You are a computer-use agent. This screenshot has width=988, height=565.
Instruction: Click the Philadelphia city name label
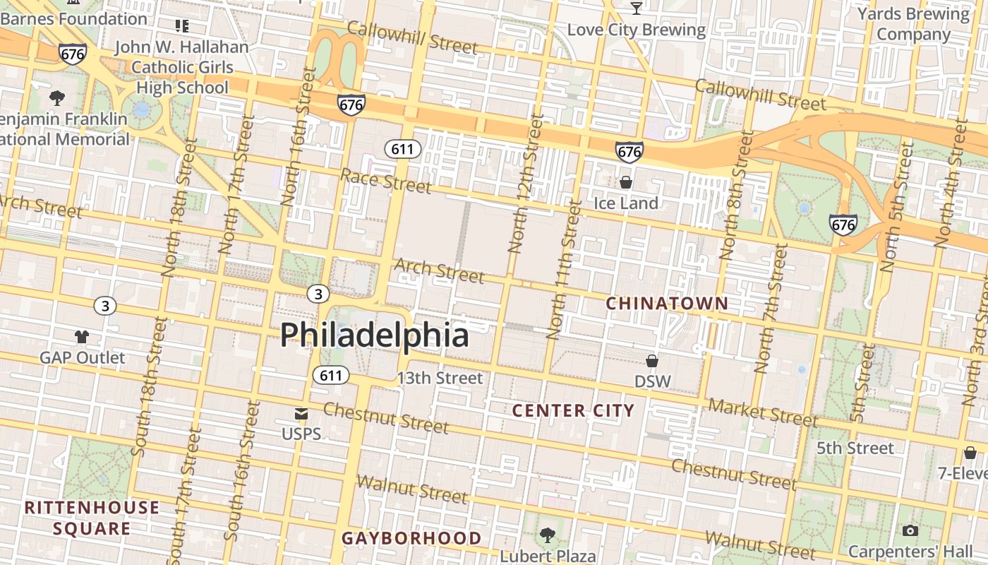[x=374, y=335]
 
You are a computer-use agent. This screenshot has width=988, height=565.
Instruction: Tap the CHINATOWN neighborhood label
[x=667, y=304]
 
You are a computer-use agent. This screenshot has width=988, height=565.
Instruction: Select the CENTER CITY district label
[x=573, y=410]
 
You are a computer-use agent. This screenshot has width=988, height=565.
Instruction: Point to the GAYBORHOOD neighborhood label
[x=411, y=538]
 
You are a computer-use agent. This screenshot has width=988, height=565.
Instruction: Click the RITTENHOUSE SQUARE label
[x=92, y=518]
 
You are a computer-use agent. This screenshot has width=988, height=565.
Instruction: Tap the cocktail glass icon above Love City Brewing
[x=637, y=8]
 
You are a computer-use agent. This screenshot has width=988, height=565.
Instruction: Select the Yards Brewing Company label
[x=913, y=24]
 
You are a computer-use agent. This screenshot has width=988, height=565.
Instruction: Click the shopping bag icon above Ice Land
[x=625, y=183]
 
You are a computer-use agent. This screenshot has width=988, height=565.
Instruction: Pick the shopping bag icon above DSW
[x=652, y=361]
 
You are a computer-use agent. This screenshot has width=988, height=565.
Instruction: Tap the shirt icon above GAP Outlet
[x=82, y=337]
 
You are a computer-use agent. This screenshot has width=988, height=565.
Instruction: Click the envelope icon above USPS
[x=301, y=414]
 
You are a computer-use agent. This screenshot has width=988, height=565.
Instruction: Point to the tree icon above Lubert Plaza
[x=548, y=535]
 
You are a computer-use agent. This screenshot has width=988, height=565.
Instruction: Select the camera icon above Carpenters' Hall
[x=910, y=530]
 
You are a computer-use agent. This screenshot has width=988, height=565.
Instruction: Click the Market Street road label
[x=763, y=412]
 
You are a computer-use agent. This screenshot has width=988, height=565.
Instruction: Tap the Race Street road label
[x=385, y=180]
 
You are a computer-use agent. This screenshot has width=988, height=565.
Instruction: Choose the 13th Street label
[x=440, y=379]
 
